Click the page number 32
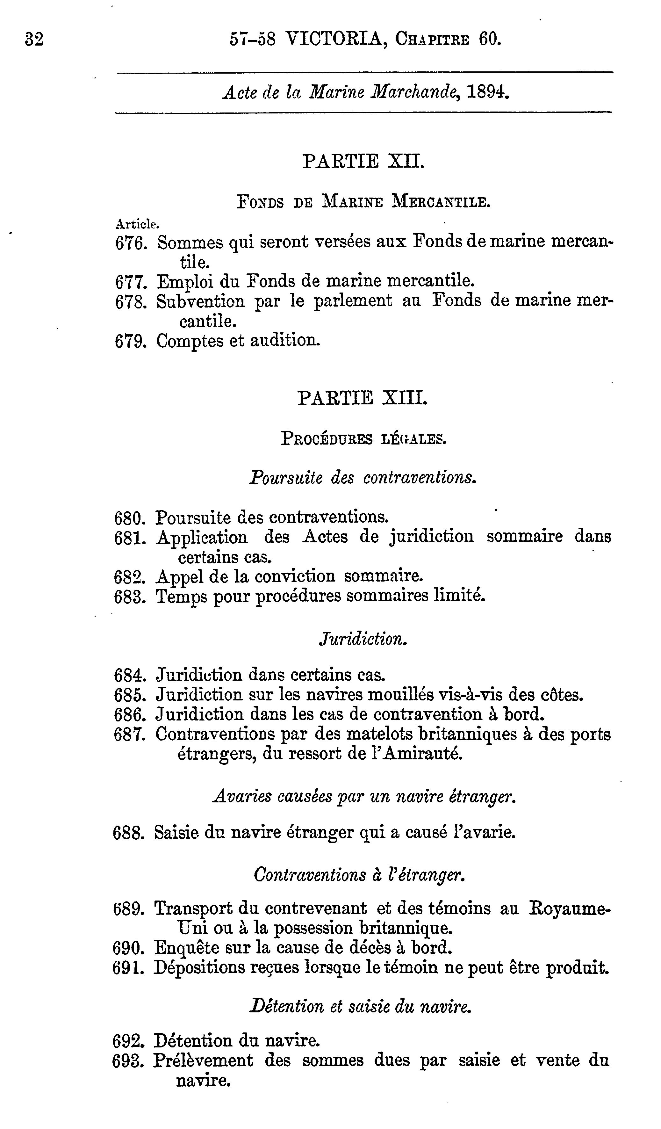[x=34, y=40]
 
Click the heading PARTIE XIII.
[x=362, y=397]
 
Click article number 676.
[x=131, y=243]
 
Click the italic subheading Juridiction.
[x=363, y=639]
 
